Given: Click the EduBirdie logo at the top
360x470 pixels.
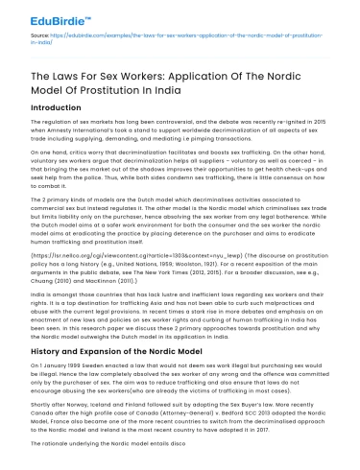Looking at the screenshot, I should [46, 15].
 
